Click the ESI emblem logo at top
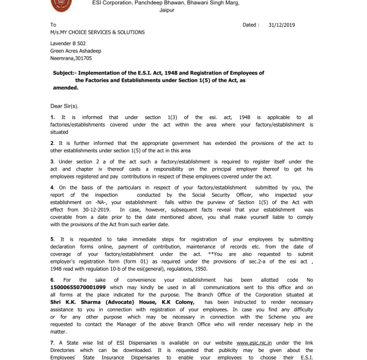pos(61,5)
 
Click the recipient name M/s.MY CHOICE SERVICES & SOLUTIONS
pos(97,32)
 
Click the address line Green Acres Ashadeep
pos(76,51)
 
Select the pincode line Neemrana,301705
pos(71,59)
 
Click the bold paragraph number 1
pos(53,117)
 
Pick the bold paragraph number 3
pos(53,161)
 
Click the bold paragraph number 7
pos(53,343)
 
